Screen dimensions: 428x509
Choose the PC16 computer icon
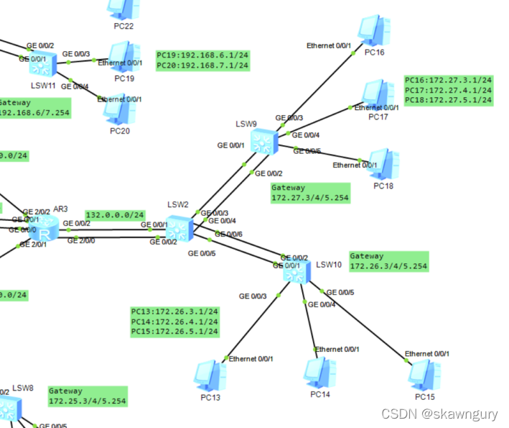coord(375,32)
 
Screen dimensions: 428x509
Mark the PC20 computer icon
coord(116,109)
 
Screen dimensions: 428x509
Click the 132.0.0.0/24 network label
coord(115,215)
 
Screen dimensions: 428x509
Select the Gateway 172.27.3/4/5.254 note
coord(310,193)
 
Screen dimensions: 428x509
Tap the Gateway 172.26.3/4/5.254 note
coord(388,261)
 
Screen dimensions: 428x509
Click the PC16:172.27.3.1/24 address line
coord(449,80)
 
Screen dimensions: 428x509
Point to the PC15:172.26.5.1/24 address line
coord(174,332)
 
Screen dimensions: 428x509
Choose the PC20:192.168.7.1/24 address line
coord(202,65)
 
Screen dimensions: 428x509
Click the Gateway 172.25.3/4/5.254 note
coord(88,396)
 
